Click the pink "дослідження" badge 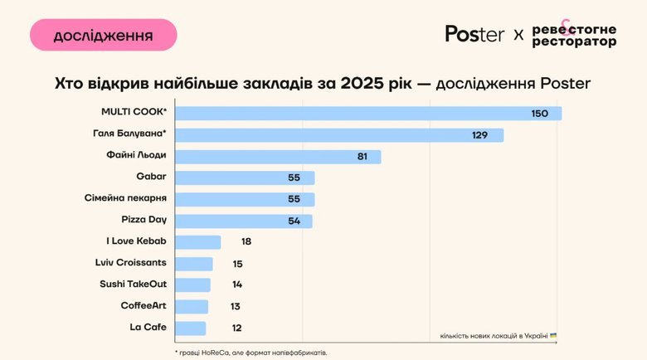tap(103, 36)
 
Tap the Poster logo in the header tap(474, 34)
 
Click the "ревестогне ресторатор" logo tap(574, 35)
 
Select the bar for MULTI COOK tap(369, 113)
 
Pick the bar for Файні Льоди tap(279, 156)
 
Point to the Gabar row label tap(151, 177)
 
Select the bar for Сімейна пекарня tap(246, 199)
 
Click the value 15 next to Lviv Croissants tap(237, 264)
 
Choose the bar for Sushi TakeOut tap(193, 285)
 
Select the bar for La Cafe tap(191, 328)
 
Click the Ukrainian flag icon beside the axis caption tap(553, 335)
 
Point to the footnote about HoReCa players tap(251, 353)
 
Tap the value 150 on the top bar tap(540, 113)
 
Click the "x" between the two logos tap(518, 35)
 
